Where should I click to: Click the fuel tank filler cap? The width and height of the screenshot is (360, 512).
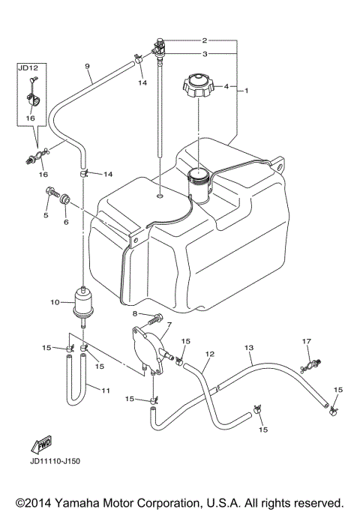click(199, 87)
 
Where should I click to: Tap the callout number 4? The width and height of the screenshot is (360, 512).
click(225, 87)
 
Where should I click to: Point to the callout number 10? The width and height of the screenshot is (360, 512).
click(54, 302)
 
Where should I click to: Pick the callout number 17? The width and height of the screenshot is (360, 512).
click(306, 342)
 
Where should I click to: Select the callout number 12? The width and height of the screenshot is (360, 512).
click(210, 352)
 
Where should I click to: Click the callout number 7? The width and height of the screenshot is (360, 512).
click(169, 325)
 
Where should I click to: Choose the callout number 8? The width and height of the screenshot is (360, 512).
click(135, 313)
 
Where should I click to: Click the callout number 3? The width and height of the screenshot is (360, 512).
click(203, 54)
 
